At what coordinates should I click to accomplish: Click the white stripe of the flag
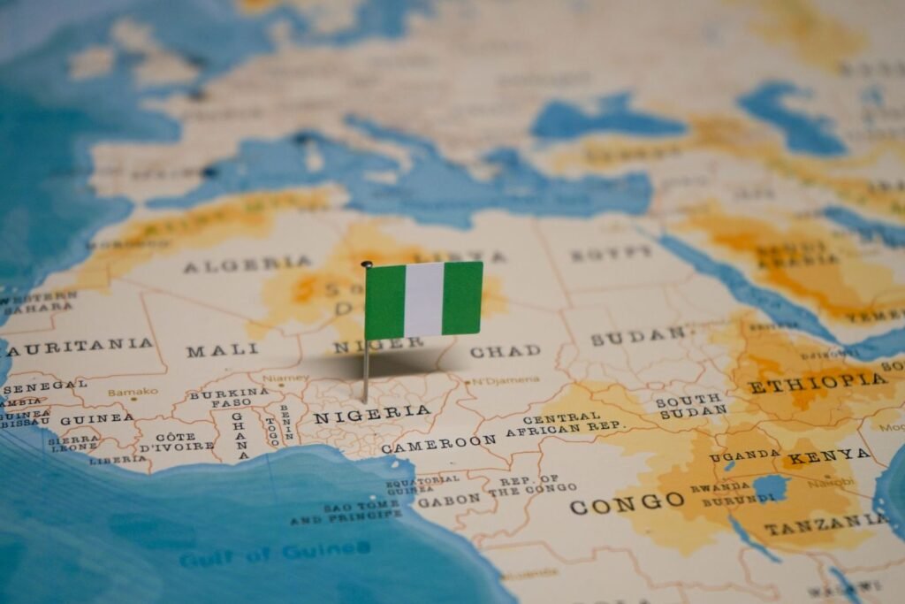[x=423, y=299]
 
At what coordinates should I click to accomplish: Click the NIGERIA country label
[x=372, y=414]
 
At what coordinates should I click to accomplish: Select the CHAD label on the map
[x=505, y=351]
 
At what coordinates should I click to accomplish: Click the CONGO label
[x=627, y=504]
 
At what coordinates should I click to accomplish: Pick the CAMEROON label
[x=438, y=443]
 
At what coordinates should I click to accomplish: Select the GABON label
[x=448, y=500]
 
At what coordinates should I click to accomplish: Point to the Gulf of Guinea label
[x=275, y=554]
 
